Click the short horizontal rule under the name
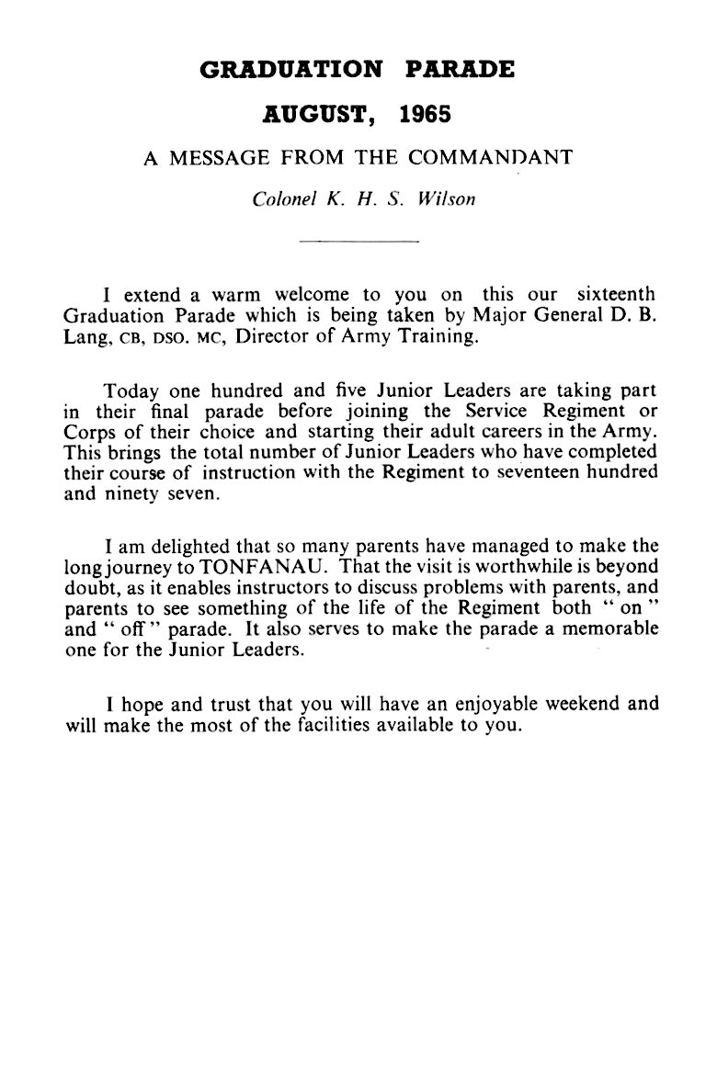358,242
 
